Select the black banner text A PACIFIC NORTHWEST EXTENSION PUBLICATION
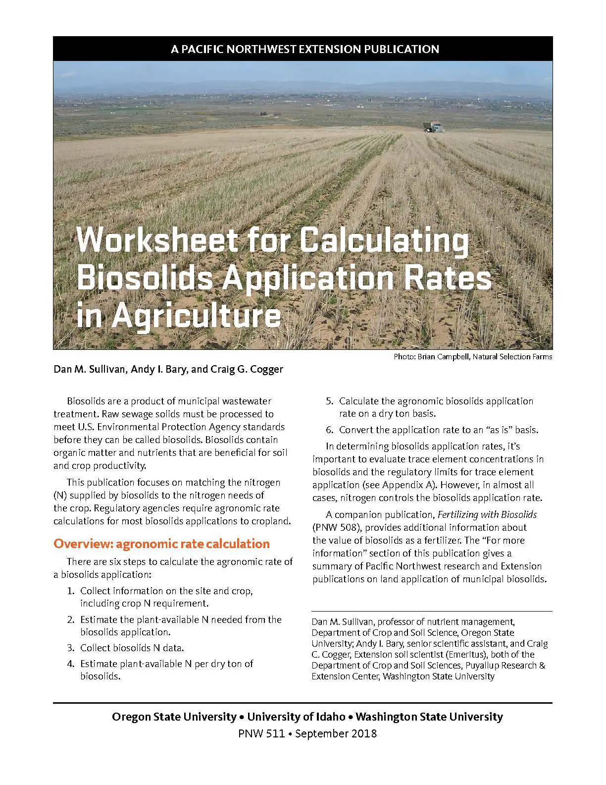click(304, 49)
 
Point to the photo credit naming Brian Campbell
click(472, 356)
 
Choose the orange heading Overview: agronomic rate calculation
click(161, 544)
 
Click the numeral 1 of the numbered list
click(70, 591)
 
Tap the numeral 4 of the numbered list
click(70, 664)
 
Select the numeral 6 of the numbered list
click(329, 430)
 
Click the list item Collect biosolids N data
click(132, 648)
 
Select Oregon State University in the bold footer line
click(174, 717)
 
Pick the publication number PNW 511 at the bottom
click(261, 733)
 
